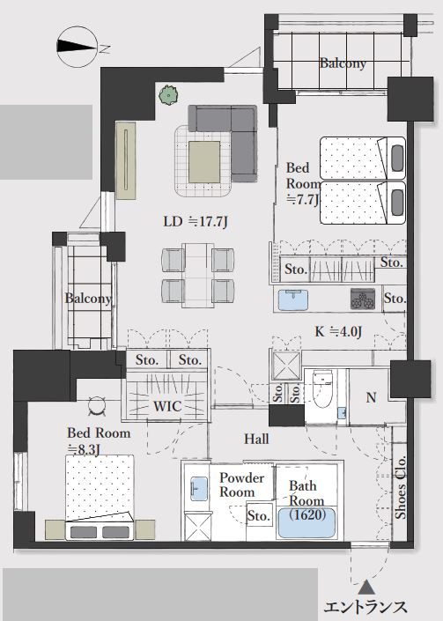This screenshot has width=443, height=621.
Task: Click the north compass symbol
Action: coord(78,47)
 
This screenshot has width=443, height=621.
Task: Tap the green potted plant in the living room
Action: coord(168,94)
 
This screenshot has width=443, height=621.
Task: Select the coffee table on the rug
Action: coord(204,162)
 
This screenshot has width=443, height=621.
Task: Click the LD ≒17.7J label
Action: coord(196,221)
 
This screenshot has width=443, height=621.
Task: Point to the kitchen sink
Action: coord(293,299)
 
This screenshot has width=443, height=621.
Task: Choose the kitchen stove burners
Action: coord(363,299)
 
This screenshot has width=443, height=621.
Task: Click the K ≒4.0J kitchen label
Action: coord(338,331)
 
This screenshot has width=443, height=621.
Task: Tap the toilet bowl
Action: coord(322,389)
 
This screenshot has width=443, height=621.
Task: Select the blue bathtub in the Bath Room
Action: coord(306,522)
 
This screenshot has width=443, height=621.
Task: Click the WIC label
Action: coord(167,406)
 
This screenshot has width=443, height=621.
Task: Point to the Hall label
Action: coord(256,439)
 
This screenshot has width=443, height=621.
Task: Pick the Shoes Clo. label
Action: coord(401,487)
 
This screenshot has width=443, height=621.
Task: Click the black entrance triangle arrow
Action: coord(366,587)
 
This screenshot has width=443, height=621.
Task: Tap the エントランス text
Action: coord(365,607)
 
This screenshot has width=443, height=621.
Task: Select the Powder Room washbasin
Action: coord(199,488)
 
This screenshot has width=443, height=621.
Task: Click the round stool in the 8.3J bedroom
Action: coord(97,406)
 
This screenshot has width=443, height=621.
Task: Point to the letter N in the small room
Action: coord(371,397)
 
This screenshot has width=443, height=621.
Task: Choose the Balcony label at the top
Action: coord(343,63)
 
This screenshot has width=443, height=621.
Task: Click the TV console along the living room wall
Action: coord(126,160)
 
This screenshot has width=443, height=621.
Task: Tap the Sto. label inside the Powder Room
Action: coord(259,515)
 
